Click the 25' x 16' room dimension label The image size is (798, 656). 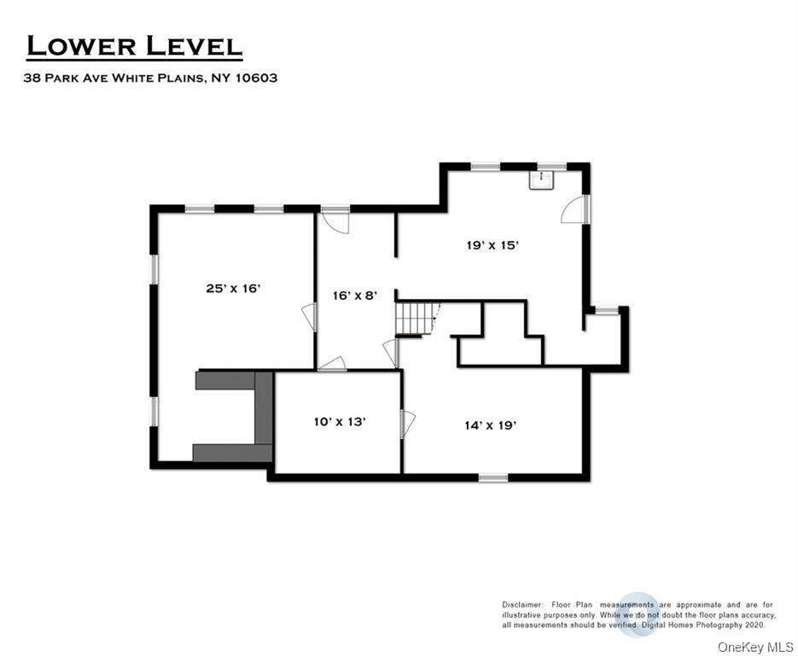pos(232,289)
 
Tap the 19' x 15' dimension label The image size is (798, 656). pos(492,245)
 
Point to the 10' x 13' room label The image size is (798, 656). pos(340,421)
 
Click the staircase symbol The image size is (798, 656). pos(415,318)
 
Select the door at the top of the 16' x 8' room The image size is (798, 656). pos(336,220)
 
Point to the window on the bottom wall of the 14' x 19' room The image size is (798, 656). pos(493,477)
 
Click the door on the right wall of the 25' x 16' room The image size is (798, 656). pos(310,317)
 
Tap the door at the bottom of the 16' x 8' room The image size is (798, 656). pos(332,365)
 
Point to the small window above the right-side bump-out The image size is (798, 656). pos(606,309)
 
